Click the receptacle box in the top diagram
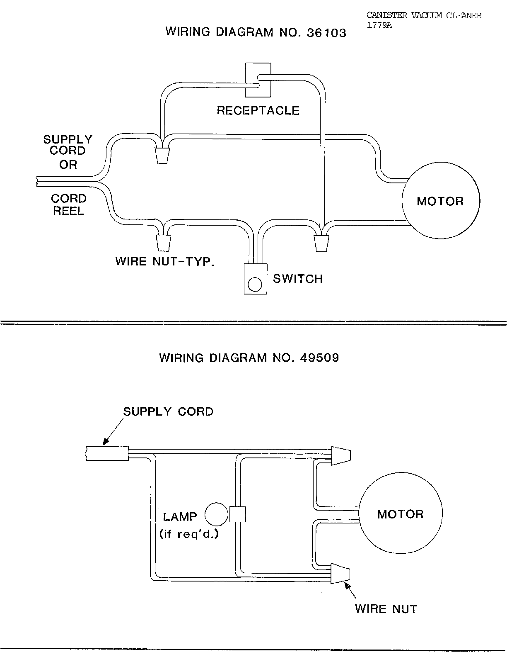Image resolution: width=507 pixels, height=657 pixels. click(258, 80)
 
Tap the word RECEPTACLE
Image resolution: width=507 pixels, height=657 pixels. click(258, 110)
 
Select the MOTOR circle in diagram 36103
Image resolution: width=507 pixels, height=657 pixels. click(441, 200)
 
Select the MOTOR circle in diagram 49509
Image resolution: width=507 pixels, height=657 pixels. click(401, 513)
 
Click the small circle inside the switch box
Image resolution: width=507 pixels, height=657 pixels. click(255, 284)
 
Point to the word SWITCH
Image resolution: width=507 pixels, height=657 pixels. click(298, 279)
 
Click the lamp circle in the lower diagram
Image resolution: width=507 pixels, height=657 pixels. click(216, 514)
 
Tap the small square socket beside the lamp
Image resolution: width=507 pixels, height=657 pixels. click(237, 514)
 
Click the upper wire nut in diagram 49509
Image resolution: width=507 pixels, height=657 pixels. click(341, 456)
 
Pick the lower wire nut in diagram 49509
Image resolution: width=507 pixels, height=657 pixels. click(340, 573)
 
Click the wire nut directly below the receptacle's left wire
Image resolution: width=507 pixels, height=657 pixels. click(162, 156)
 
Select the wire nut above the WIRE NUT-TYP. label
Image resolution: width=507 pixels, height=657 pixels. click(163, 243)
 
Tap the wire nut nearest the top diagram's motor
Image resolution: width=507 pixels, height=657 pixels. click(321, 243)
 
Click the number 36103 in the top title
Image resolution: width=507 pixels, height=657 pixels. click(326, 33)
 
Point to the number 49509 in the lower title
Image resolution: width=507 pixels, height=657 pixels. click(319, 358)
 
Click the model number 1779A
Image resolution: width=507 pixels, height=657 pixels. click(379, 25)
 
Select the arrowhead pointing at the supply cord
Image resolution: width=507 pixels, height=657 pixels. click(105, 441)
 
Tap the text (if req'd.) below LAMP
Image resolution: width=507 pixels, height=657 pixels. click(189, 534)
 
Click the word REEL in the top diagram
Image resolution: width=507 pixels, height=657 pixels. click(68, 211)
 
